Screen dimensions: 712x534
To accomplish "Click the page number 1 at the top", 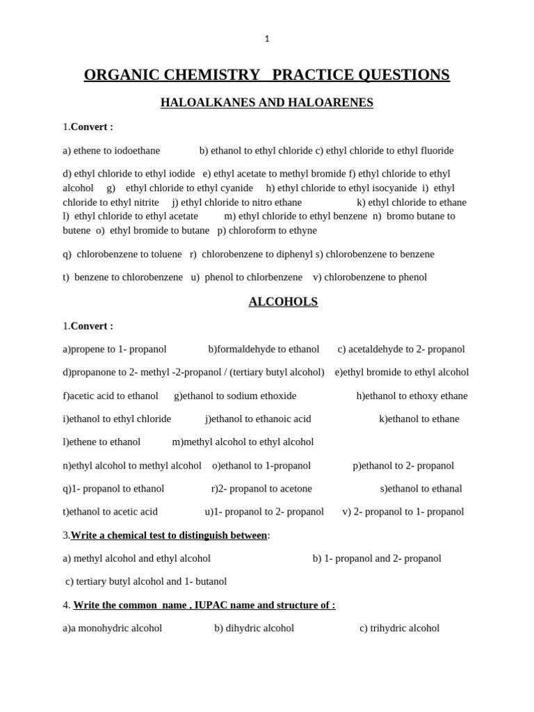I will [x=267, y=39].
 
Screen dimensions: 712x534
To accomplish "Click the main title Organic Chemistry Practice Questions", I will [x=267, y=74].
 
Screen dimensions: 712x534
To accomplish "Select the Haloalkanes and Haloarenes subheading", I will [x=267, y=102].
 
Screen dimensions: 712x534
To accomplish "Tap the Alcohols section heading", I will [x=283, y=301].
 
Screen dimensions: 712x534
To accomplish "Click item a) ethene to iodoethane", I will [x=111, y=150].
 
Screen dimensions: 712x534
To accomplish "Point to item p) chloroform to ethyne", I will [x=267, y=230].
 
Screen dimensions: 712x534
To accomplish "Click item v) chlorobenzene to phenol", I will [x=370, y=277].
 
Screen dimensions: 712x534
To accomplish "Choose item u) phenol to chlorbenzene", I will [x=247, y=277].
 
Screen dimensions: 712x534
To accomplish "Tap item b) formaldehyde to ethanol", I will [x=264, y=349].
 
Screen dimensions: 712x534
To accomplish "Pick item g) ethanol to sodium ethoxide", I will [x=235, y=396].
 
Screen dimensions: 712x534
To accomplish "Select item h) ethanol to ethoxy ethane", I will [x=412, y=396].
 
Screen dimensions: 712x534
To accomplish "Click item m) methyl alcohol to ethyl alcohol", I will [x=243, y=442].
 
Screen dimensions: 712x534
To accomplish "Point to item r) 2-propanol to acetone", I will [x=261, y=488].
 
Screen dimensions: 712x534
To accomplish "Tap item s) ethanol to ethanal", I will [x=421, y=488].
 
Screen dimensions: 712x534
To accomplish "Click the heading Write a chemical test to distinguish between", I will [x=169, y=535].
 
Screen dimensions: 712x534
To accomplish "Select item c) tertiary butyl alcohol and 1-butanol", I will [x=146, y=581].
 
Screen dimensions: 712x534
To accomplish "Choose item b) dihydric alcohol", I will [x=254, y=628].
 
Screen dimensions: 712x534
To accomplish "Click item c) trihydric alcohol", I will [x=399, y=628].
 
